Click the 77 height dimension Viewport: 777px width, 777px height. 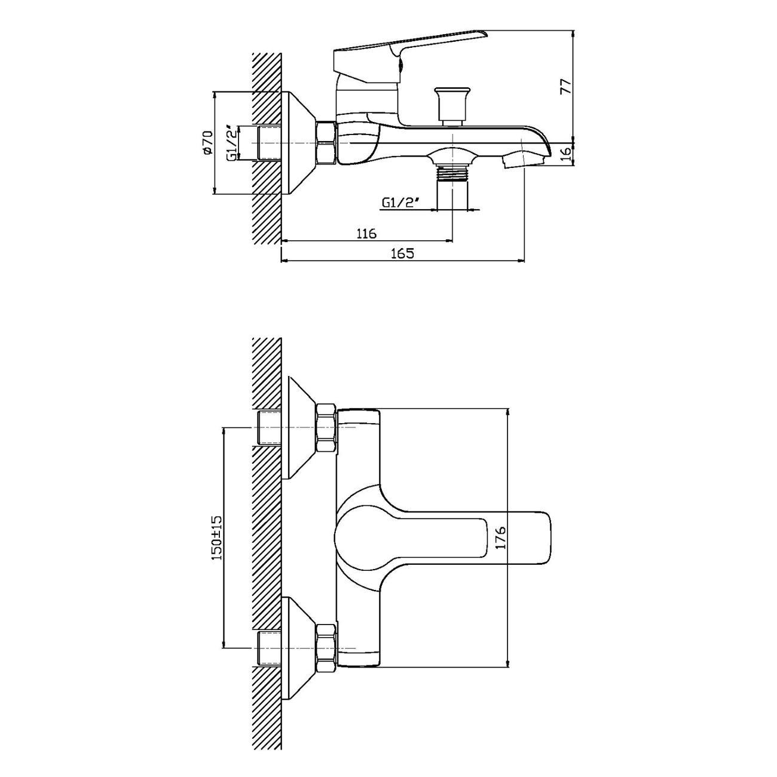[567, 87]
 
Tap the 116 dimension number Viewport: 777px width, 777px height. [366, 233]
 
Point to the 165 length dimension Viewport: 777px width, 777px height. [402, 253]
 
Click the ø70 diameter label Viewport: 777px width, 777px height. [207, 142]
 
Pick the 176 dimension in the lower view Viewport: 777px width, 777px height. [501, 537]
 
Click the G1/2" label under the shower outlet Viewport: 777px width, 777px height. [398, 203]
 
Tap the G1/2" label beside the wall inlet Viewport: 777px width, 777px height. [233, 145]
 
